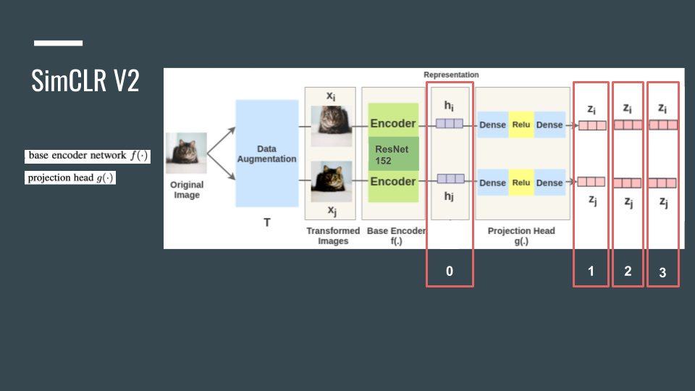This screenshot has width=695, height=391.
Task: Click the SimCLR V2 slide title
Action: pyautogui.click(x=85, y=81)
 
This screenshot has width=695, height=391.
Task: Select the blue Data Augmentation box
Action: pyautogui.click(x=266, y=154)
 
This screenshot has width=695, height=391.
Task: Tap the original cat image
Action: pyautogui.click(x=186, y=154)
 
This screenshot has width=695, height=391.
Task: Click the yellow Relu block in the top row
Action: pyautogui.click(x=521, y=125)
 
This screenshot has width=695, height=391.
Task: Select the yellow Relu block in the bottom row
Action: pyautogui.click(x=521, y=182)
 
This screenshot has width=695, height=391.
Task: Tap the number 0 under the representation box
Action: pyautogui.click(x=450, y=271)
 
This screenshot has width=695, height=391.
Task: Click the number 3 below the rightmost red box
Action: pyautogui.click(x=662, y=273)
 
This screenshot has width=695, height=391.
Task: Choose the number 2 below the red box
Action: pyautogui.click(x=628, y=271)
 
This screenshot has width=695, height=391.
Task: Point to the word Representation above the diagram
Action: pyautogui.click(x=451, y=75)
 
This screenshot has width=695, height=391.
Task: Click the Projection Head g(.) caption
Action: pyautogui.click(x=521, y=236)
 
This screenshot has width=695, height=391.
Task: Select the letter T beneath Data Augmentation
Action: pyautogui.click(x=266, y=222)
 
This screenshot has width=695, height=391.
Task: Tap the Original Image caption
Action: pyautogui.click(x=186, y=190)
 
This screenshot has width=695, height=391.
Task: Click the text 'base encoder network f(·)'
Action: pyautogui.click(x=88, y=156)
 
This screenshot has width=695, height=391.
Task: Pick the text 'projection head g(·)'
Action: pyautogui.click(x=71, y=177)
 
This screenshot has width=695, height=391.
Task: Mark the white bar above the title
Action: pyautogui.click(x=58, y=43)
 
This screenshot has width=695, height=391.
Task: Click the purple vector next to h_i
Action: pyautogui.click(x=450, y=124)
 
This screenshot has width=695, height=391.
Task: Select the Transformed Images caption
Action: pyautogui.click(x=333, y=236)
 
